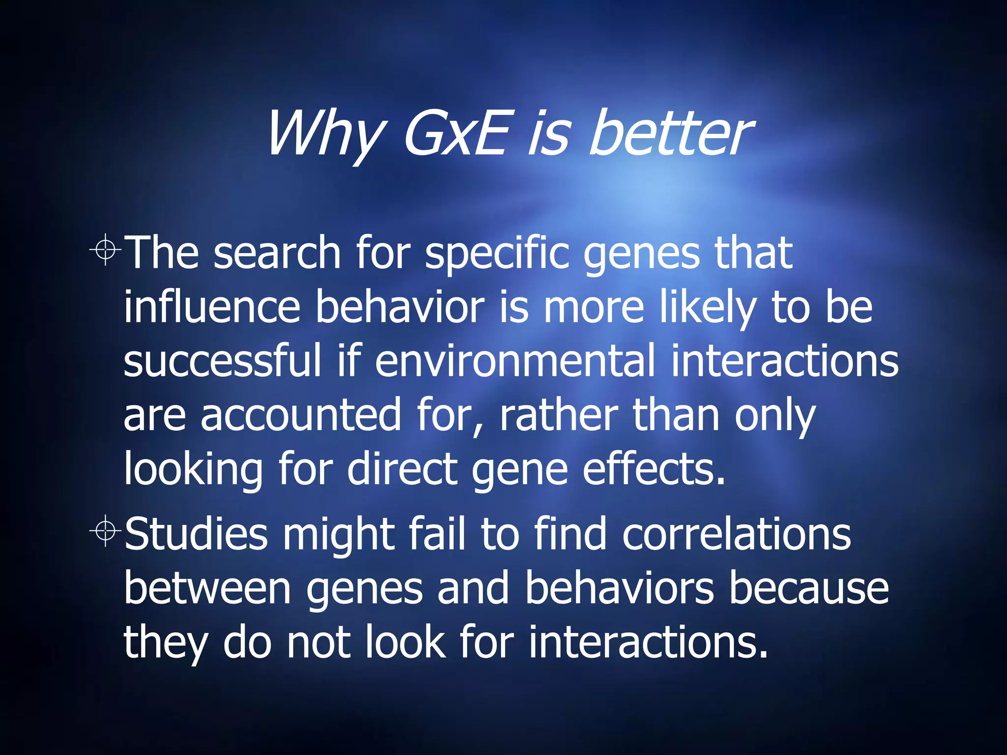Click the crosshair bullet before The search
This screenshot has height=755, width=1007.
click(105, 250)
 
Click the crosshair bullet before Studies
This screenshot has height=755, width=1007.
click(105, 531)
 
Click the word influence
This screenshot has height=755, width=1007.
click(212, 308)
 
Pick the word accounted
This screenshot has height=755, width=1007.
click(300, 415)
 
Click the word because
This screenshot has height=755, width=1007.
click(808, 588)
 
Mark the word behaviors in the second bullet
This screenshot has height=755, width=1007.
click(619, 588)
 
